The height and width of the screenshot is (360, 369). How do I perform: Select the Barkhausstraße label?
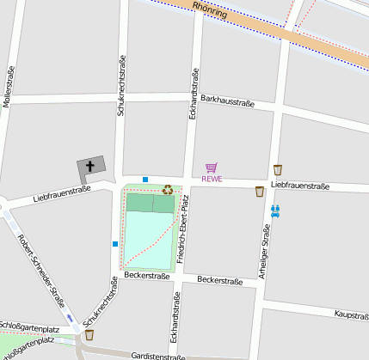228,103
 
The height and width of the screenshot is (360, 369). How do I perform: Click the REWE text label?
212,179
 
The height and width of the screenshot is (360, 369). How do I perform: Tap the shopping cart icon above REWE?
212,168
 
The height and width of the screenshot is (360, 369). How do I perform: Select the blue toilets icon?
276,210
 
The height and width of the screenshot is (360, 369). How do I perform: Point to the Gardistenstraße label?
159,356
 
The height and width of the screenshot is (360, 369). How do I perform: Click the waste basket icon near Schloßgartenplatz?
89,334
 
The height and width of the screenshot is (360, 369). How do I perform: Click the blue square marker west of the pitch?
114,244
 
